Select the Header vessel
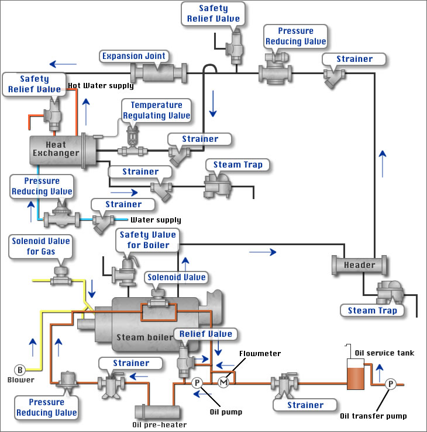(x=359, y=265)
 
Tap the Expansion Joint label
(x=135, y=57)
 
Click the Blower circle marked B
(x=20, y=369)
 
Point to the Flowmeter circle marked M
(x=223, y=382)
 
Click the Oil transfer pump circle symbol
(x=391, y=384)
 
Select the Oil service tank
(x=354, y=374)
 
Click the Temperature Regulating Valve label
(x=156, y=110)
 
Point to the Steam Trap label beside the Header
(x=373, y=310)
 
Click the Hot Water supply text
(x=101, y=86)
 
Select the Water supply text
(x=155, y=220)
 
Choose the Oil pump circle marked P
(x=197, y=382)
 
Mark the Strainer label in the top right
(x=354, y=59)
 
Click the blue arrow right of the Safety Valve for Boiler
(x=262, y=252)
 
